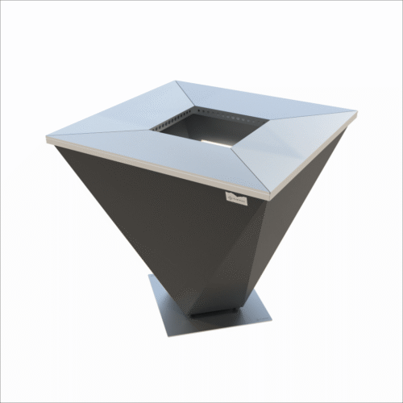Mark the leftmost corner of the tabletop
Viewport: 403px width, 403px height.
pyautogui.click(x=48, y=138)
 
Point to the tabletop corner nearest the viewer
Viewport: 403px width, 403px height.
pyautogui.click(x=270, y=196)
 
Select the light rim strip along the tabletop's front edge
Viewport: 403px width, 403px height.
pyautogui.click(x=153, y=166)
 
